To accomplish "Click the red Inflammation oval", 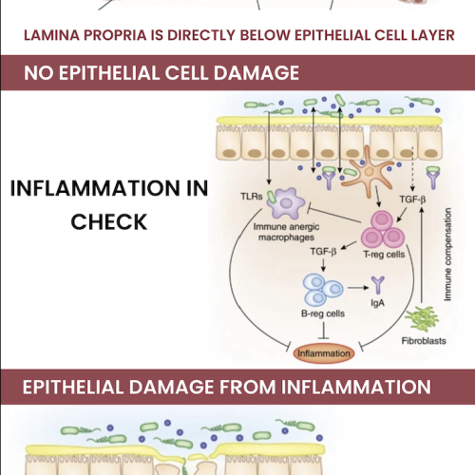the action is tap(324, 353).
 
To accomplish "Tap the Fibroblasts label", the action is tap(424, 341).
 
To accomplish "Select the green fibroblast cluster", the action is tap(422, 319).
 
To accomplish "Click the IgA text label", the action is tap(377, 303).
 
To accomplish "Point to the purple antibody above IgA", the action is tap(378, 285).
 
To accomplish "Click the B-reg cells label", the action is tap(323, 313).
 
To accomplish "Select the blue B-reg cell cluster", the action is tap(322, 290).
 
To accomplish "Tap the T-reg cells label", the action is tap(384, 255).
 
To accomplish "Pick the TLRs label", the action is tap(252, 197).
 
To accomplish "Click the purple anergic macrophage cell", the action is tap(286, 203).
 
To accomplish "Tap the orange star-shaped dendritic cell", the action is tap(368, 171).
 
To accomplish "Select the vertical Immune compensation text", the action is tap(447, 255).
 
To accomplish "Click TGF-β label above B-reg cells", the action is tap(323, 252).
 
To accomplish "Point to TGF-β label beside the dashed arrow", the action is tap(412, 199).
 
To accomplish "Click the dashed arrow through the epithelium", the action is tap(412, 168).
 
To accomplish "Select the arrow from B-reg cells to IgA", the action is tap(358, 288).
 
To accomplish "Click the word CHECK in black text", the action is tap(109, 221).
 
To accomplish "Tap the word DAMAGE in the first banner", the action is tap(256, 73).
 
